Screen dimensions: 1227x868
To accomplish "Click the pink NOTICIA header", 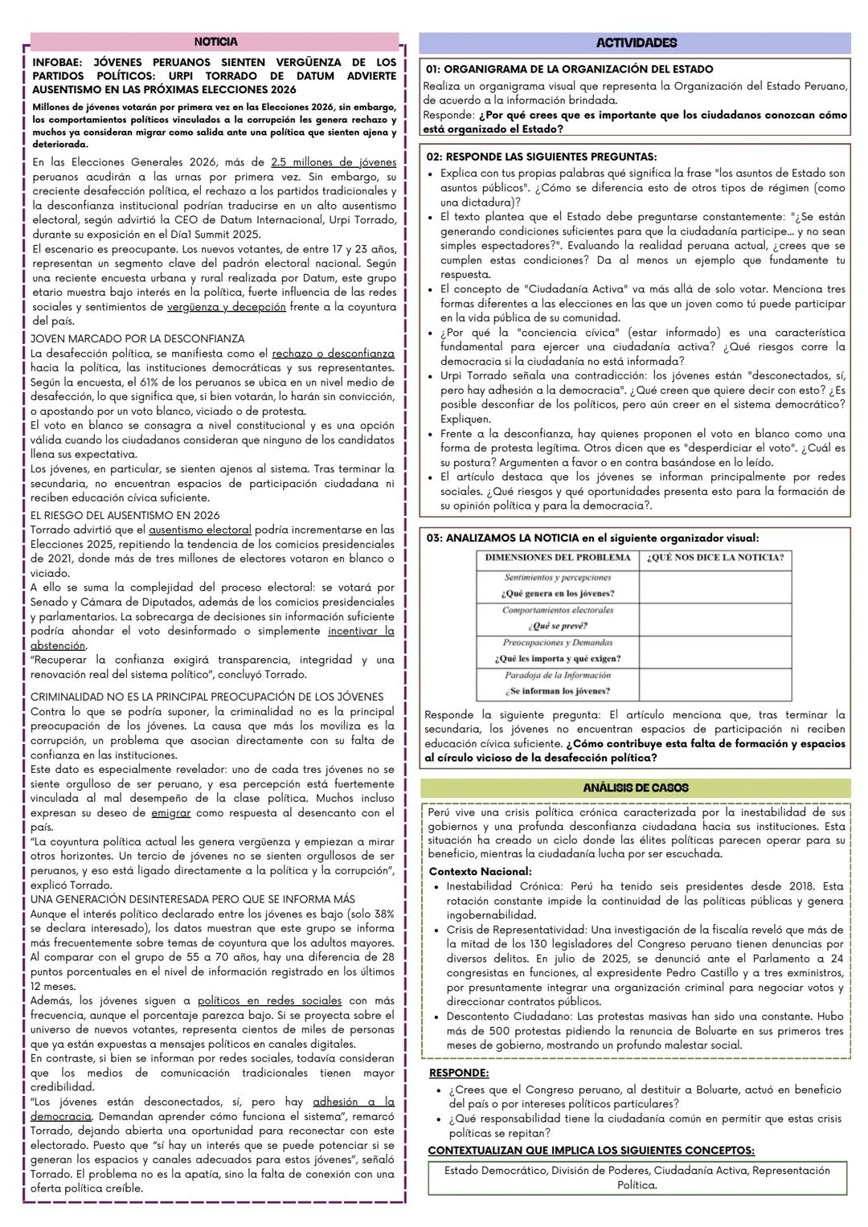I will point(215,42).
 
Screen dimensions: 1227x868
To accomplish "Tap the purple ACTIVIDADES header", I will point(635,43).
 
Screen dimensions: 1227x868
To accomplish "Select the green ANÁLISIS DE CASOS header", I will point(635,788).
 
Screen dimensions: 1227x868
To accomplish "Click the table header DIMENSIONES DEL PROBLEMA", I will point(558,558).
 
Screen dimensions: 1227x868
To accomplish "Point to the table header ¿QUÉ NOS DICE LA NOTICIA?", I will point(715,558).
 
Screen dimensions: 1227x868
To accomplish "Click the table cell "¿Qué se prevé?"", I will point(558,626).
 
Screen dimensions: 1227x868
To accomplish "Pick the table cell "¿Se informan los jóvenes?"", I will point(558,691).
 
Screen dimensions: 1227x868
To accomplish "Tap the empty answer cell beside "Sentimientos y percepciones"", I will point(715,587).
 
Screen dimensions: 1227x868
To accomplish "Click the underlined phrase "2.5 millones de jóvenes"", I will point(334,162).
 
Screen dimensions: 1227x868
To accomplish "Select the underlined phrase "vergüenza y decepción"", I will point(226,307).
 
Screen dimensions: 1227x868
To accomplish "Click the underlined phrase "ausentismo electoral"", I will point(200,530).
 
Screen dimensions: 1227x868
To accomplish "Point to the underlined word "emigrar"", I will point(170,813).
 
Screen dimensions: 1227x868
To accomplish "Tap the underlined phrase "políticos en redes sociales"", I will point(269,1001).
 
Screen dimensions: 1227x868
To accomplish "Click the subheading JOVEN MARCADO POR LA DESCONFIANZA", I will point(137,339).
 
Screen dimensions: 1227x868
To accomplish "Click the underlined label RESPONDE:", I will point(459,1073).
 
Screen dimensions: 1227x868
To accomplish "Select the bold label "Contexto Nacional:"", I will point(480,872).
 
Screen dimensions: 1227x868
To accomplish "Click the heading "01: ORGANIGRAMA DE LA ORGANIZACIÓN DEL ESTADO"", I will point(570,70).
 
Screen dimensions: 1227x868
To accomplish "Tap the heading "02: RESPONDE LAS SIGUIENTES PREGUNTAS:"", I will point(541,157).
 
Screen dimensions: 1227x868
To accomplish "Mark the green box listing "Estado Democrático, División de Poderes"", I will point(637,1177).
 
